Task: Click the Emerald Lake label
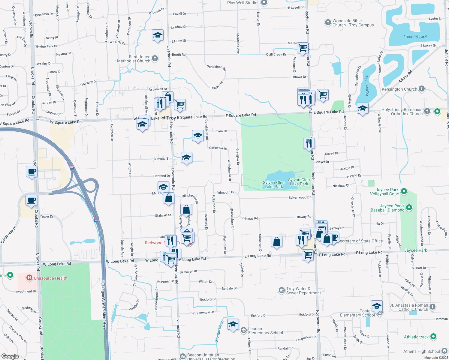[415, 37]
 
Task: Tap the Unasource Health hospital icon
[29, 278]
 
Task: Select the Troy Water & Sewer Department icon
[282, 290]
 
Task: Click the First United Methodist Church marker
[155, 58]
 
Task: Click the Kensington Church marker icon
[422, 88]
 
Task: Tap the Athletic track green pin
[433, 337]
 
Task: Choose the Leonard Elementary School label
[265, 331]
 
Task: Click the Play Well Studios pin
[264, 3]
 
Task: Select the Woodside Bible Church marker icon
[328, 22]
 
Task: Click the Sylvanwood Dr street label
[300, 197]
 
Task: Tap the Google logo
[10, 356]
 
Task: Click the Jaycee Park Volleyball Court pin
[404, 191]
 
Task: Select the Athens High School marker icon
[444, 351]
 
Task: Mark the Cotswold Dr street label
[218, 148]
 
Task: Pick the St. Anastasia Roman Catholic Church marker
[432, 307]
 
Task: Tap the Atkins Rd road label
[405, 77]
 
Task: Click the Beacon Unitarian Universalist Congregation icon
[183, 356]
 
